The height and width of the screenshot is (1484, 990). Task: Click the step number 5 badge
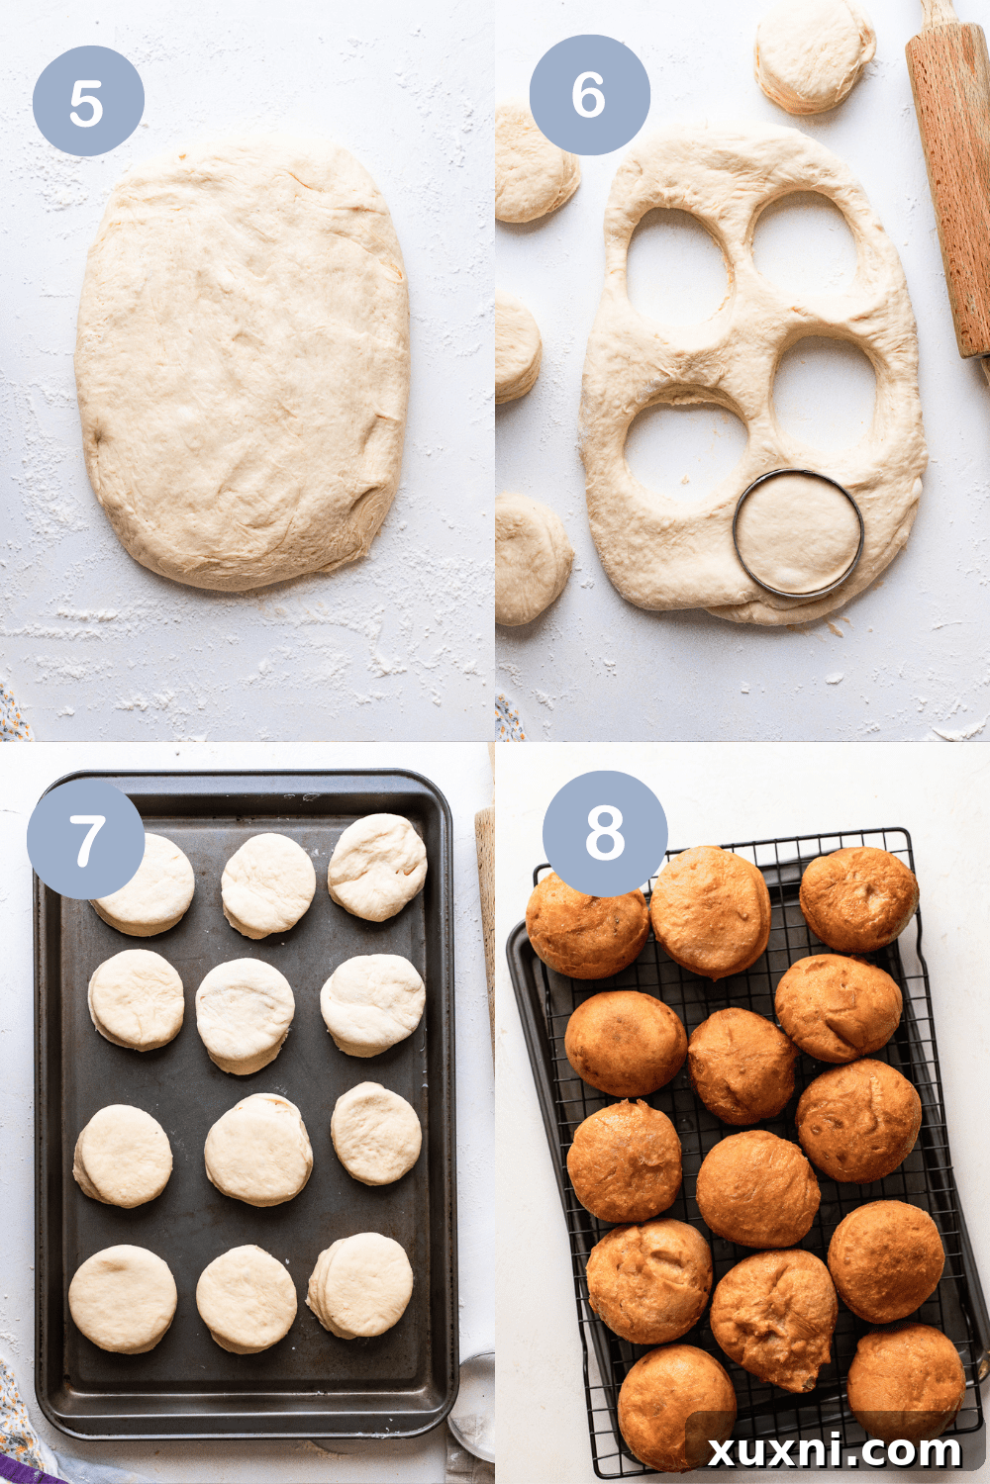[x=88, y=101]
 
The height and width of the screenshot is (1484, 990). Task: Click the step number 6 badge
[x=589, y=95]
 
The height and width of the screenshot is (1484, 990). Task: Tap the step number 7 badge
[x=85, y=839]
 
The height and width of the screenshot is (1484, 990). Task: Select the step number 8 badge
[x=605, y=831]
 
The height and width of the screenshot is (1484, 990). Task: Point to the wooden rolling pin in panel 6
[x=952, y=179]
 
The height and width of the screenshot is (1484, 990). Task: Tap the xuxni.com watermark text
[x=835, y=1452]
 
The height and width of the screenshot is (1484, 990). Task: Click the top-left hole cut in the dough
[x=679, y=273]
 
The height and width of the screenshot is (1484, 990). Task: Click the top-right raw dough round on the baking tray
[x=377, y=867]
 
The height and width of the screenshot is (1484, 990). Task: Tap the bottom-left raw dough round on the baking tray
[x=123, y=1298]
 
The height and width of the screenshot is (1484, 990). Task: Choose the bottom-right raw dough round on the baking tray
[x=360, y=1286]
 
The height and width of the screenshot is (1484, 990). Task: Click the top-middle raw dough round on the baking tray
[x=268, y=885]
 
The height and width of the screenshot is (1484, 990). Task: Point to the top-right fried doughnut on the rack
[x=858, y=899]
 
